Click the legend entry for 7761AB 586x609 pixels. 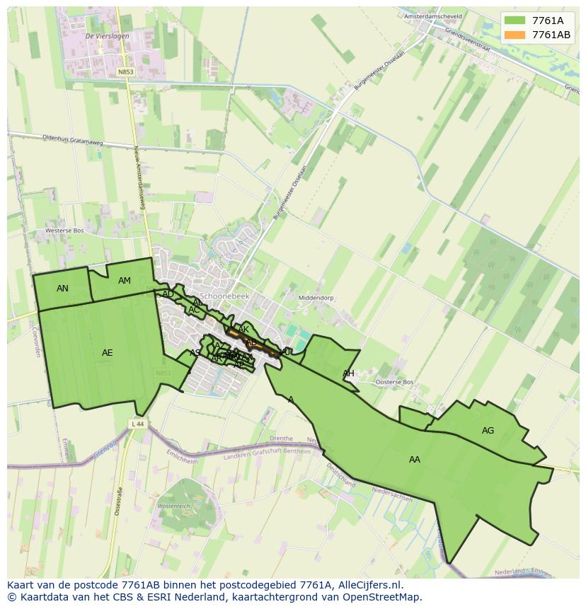pyautogui.click(x=551, y=35)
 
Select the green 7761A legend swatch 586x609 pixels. pyautogui.click(x=515, y=21)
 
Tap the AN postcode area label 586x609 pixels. pyautogui.click(x=62, y=289)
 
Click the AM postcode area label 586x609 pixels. pyautogui.click(x=125, y=281)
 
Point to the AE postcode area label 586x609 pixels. pyautogui.click(x=107, y=353)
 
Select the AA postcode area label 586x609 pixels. pyautogui.click(x=415, y=460)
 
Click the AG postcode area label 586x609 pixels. pyautogui.click(x=488, y=431)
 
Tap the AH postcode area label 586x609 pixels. pyautogui.click(x=348, y=373)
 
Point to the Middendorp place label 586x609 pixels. pyautogui.click(x=316, y=298)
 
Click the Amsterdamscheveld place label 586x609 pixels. pyautogui.click(x=432, y=16)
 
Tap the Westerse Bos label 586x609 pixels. pyautogui.click(x=64, y=231)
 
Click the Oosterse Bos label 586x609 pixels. pyautogui.click(x=394, y=382)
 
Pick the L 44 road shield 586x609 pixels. pyautogui.click(x=137, y=424)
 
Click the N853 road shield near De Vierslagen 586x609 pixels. pyautogui.click(x=125, y=72)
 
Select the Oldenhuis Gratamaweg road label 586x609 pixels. pyautogui.click(x=72, y=140)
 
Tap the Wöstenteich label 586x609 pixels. pyautogui.click(x=174, y=506)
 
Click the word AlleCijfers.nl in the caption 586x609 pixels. pyautogui.click(x=371, y=585)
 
